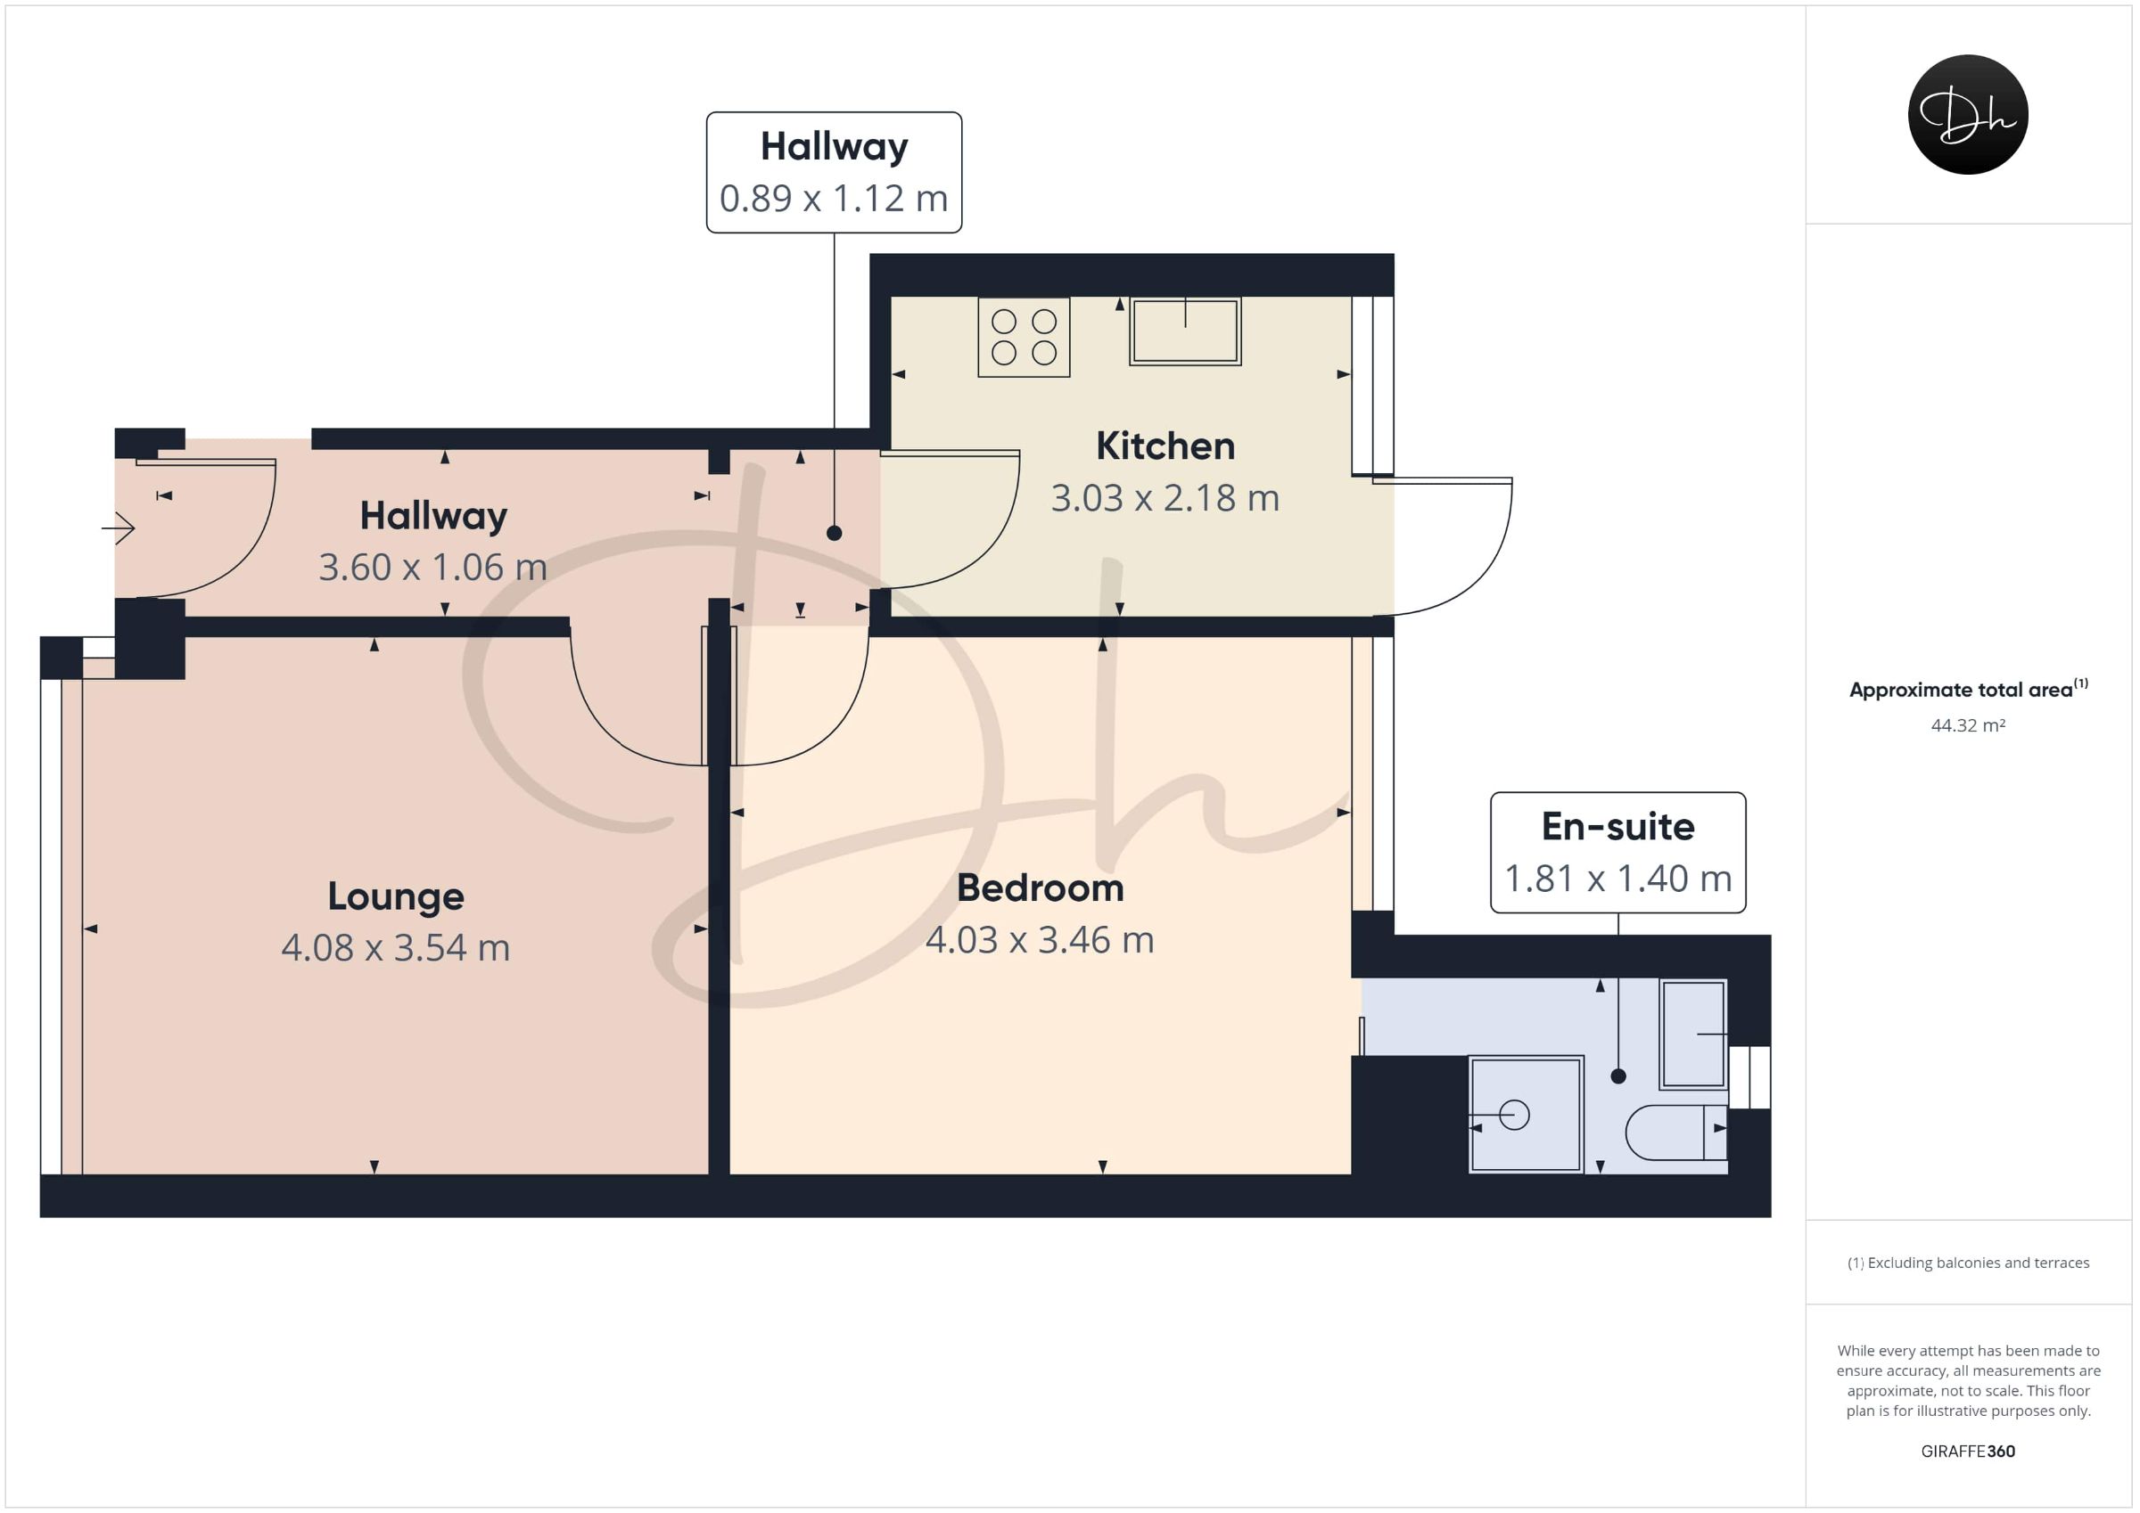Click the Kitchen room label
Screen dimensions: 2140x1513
coord(1165,446)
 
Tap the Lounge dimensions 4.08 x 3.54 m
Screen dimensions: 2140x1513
coord(396,947)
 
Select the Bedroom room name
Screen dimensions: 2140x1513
coord(1041,887)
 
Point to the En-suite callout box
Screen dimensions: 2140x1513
coord(1618,853)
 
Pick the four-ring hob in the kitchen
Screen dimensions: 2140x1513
coord(1024,337)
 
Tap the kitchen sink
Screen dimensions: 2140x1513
coord(1185,331)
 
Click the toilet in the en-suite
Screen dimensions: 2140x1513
coord(1675,1132)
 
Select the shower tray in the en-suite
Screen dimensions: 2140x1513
coord(1526,1113)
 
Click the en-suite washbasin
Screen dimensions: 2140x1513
coord(1693,1035)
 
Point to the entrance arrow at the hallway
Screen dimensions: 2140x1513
coord(119,528)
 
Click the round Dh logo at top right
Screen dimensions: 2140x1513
coord(1968,115)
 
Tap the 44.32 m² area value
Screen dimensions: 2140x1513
coord(1968,724)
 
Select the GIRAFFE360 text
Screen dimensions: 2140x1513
coord(1968,1451)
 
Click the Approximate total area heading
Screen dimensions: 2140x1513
coord(1969,689)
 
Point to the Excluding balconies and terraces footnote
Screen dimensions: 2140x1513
coord(1969,1263)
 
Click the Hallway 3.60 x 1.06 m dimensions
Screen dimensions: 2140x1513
coord(433,568)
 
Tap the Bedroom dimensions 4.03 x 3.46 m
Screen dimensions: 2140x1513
coord(1041,940)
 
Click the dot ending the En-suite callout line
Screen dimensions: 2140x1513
coord(1618,1076)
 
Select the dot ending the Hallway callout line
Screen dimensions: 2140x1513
coord(835,533)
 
